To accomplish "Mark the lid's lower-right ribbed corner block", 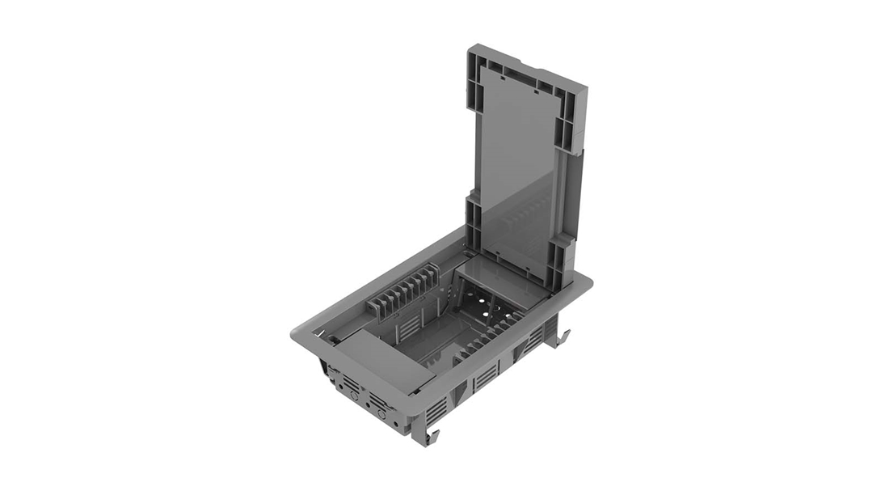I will pos(562,255).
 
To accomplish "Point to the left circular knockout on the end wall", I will pos(353,396).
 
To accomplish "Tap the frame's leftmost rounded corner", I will pos(296,332).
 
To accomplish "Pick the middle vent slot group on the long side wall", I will pos(485,376).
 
